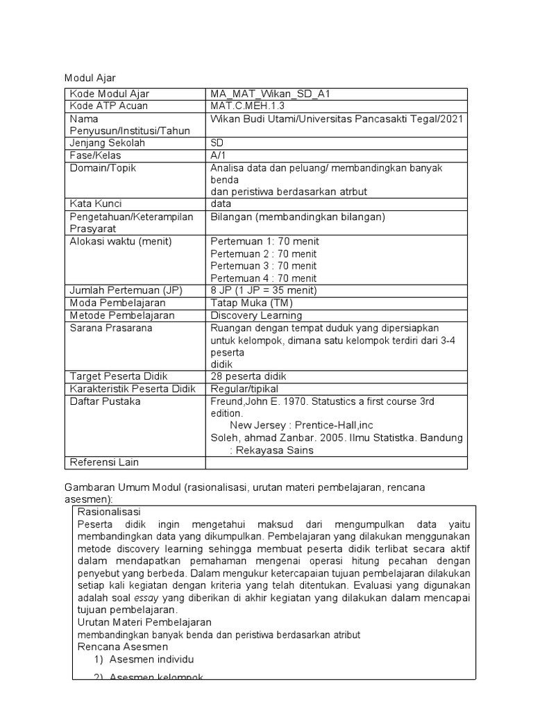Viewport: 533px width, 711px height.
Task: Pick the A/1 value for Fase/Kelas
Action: [219, 156]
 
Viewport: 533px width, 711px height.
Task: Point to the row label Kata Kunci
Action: [96, 204]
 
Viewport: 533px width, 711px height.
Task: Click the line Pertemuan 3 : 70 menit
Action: [264, 266]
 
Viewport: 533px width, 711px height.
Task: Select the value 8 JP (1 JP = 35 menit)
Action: [263, 290]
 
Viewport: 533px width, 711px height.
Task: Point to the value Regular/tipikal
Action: [244, 389]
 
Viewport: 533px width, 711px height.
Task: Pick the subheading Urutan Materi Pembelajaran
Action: [144, 622]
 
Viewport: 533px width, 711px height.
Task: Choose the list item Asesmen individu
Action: [152, 659]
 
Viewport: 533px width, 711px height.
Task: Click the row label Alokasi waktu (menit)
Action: [121, 242]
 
